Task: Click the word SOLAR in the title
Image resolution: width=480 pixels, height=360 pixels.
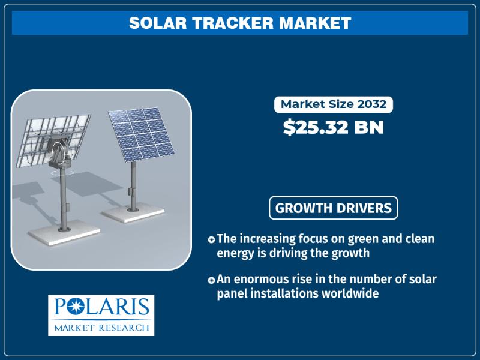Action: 158,23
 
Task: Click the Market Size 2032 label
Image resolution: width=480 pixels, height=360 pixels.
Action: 334,104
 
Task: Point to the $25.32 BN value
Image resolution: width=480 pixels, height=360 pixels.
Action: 334,127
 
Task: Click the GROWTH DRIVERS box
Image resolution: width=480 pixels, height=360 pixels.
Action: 334,208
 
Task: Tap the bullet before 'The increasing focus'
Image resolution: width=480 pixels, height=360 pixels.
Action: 211,239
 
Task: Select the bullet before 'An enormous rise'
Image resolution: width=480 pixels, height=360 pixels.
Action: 211,280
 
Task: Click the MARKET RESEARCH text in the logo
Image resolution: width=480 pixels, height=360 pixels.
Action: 101,328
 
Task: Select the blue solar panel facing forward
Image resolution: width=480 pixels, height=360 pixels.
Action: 141,134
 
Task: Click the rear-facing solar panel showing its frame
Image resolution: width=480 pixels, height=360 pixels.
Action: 53,140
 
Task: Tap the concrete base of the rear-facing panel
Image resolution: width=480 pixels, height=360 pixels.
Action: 64,233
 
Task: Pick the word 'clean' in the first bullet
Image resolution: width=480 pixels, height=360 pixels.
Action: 419,238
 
